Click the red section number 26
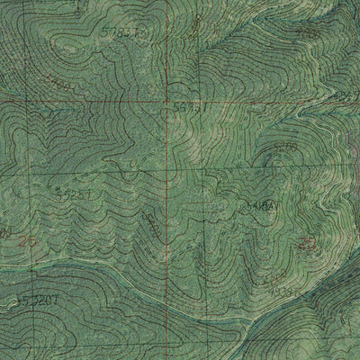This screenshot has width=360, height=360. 25,240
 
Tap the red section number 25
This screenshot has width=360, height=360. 308,243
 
